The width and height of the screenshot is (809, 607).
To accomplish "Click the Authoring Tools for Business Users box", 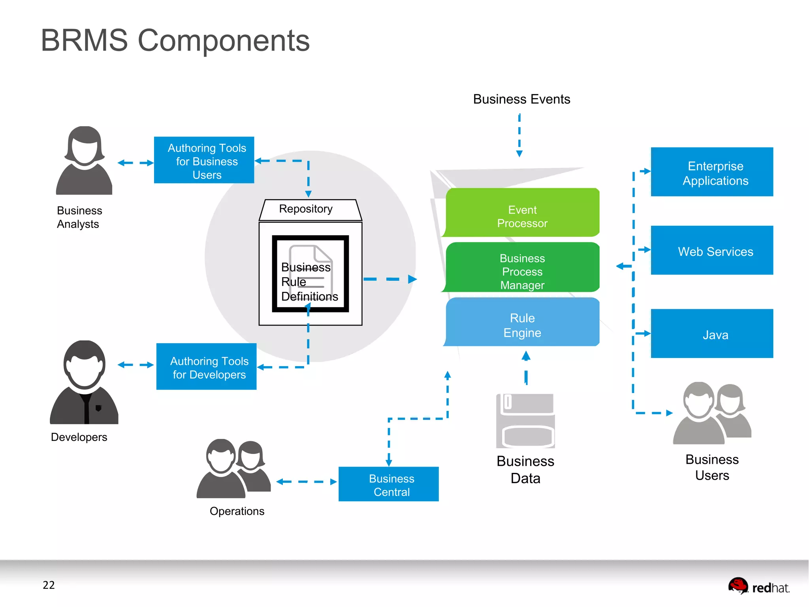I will [x=204, y=160].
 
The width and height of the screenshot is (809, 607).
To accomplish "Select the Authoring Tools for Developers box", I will [x=206, y=367].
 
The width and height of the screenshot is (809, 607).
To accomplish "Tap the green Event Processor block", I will [x=522, y=213].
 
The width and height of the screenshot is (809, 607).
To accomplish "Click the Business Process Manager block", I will [x=522, y=268].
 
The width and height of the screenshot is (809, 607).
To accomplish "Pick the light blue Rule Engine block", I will [x=522, y=322].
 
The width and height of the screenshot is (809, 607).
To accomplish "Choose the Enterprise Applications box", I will [x=712, y=172].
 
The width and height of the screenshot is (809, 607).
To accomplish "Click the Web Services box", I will [x=712, y=250].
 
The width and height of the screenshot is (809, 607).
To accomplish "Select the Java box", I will [x=712, y=334].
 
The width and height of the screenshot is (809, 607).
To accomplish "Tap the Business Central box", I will [x=388, y=484].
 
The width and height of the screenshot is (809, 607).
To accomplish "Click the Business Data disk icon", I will [x=525, y=421].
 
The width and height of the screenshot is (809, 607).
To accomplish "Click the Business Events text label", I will [x=521, y=99].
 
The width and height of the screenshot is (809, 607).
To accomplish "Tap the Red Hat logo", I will [x=758, y=586].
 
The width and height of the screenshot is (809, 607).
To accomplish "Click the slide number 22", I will [x=49, y=585].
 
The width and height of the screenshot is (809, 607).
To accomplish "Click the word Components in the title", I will [x=224, y=41].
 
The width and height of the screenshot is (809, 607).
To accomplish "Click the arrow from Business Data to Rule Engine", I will [x=526, y=368].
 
